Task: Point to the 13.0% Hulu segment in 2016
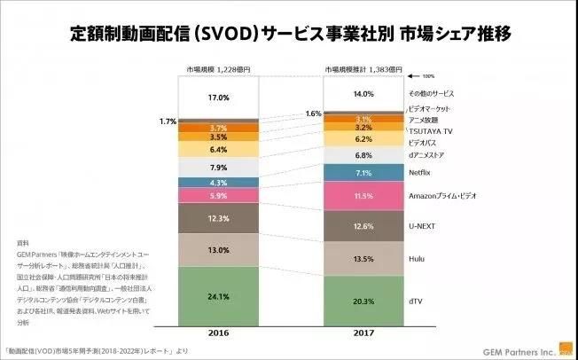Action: (218, 251)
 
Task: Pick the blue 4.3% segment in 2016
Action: (218, 182)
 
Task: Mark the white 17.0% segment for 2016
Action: (218, 98)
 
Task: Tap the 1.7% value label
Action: (166, 120)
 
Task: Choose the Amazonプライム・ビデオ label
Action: (442, 194)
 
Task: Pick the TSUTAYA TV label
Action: (428, 129)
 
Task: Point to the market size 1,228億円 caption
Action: (218, 69)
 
